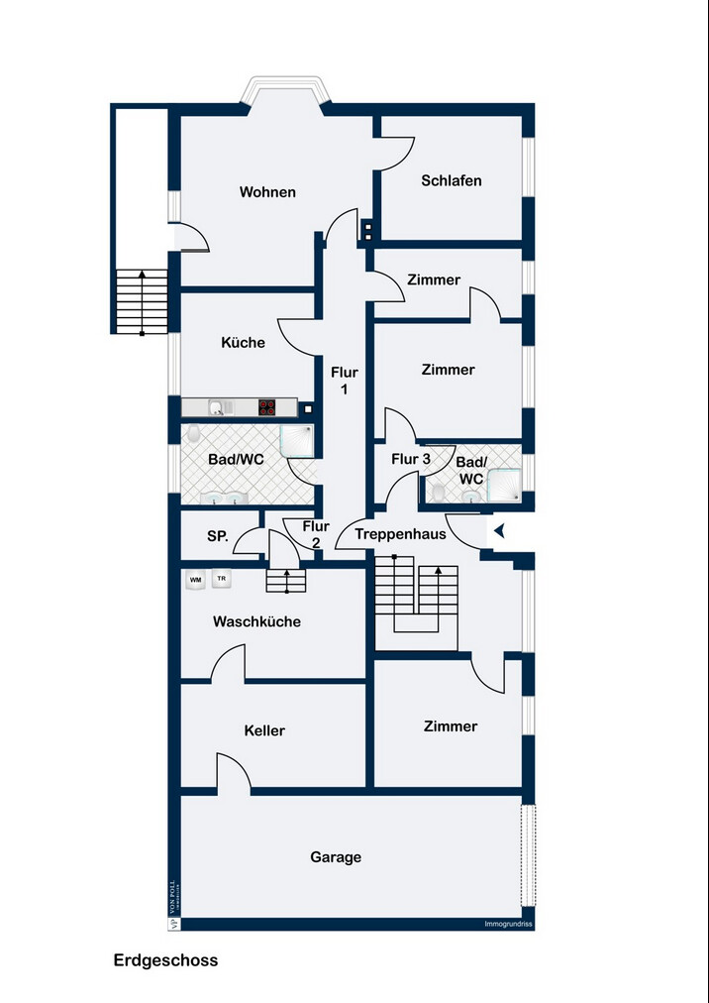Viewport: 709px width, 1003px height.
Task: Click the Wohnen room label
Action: (267, 192)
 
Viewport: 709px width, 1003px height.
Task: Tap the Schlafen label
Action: (452, 180)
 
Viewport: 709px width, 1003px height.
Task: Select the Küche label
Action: (243, 343)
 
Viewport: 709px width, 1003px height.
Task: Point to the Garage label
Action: (336, 857)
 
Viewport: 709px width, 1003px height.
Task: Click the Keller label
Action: (264, 731)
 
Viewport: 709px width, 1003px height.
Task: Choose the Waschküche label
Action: (256, 622)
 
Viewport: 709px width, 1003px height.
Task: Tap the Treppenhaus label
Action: (400, 534)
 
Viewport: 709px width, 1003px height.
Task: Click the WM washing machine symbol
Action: (195, 579)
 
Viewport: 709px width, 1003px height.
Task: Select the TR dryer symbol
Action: (222, 579)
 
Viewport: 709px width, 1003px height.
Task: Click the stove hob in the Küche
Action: (267, 405)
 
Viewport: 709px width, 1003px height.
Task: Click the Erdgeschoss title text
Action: (165, 960)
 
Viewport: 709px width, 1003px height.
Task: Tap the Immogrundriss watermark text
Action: (508, 925)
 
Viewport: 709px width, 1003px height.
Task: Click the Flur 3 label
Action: (411, 460)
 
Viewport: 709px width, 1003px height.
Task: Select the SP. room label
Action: (218, 536)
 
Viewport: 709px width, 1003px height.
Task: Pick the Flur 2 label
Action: (316, 534)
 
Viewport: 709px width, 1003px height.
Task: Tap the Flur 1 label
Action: (344, 382)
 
